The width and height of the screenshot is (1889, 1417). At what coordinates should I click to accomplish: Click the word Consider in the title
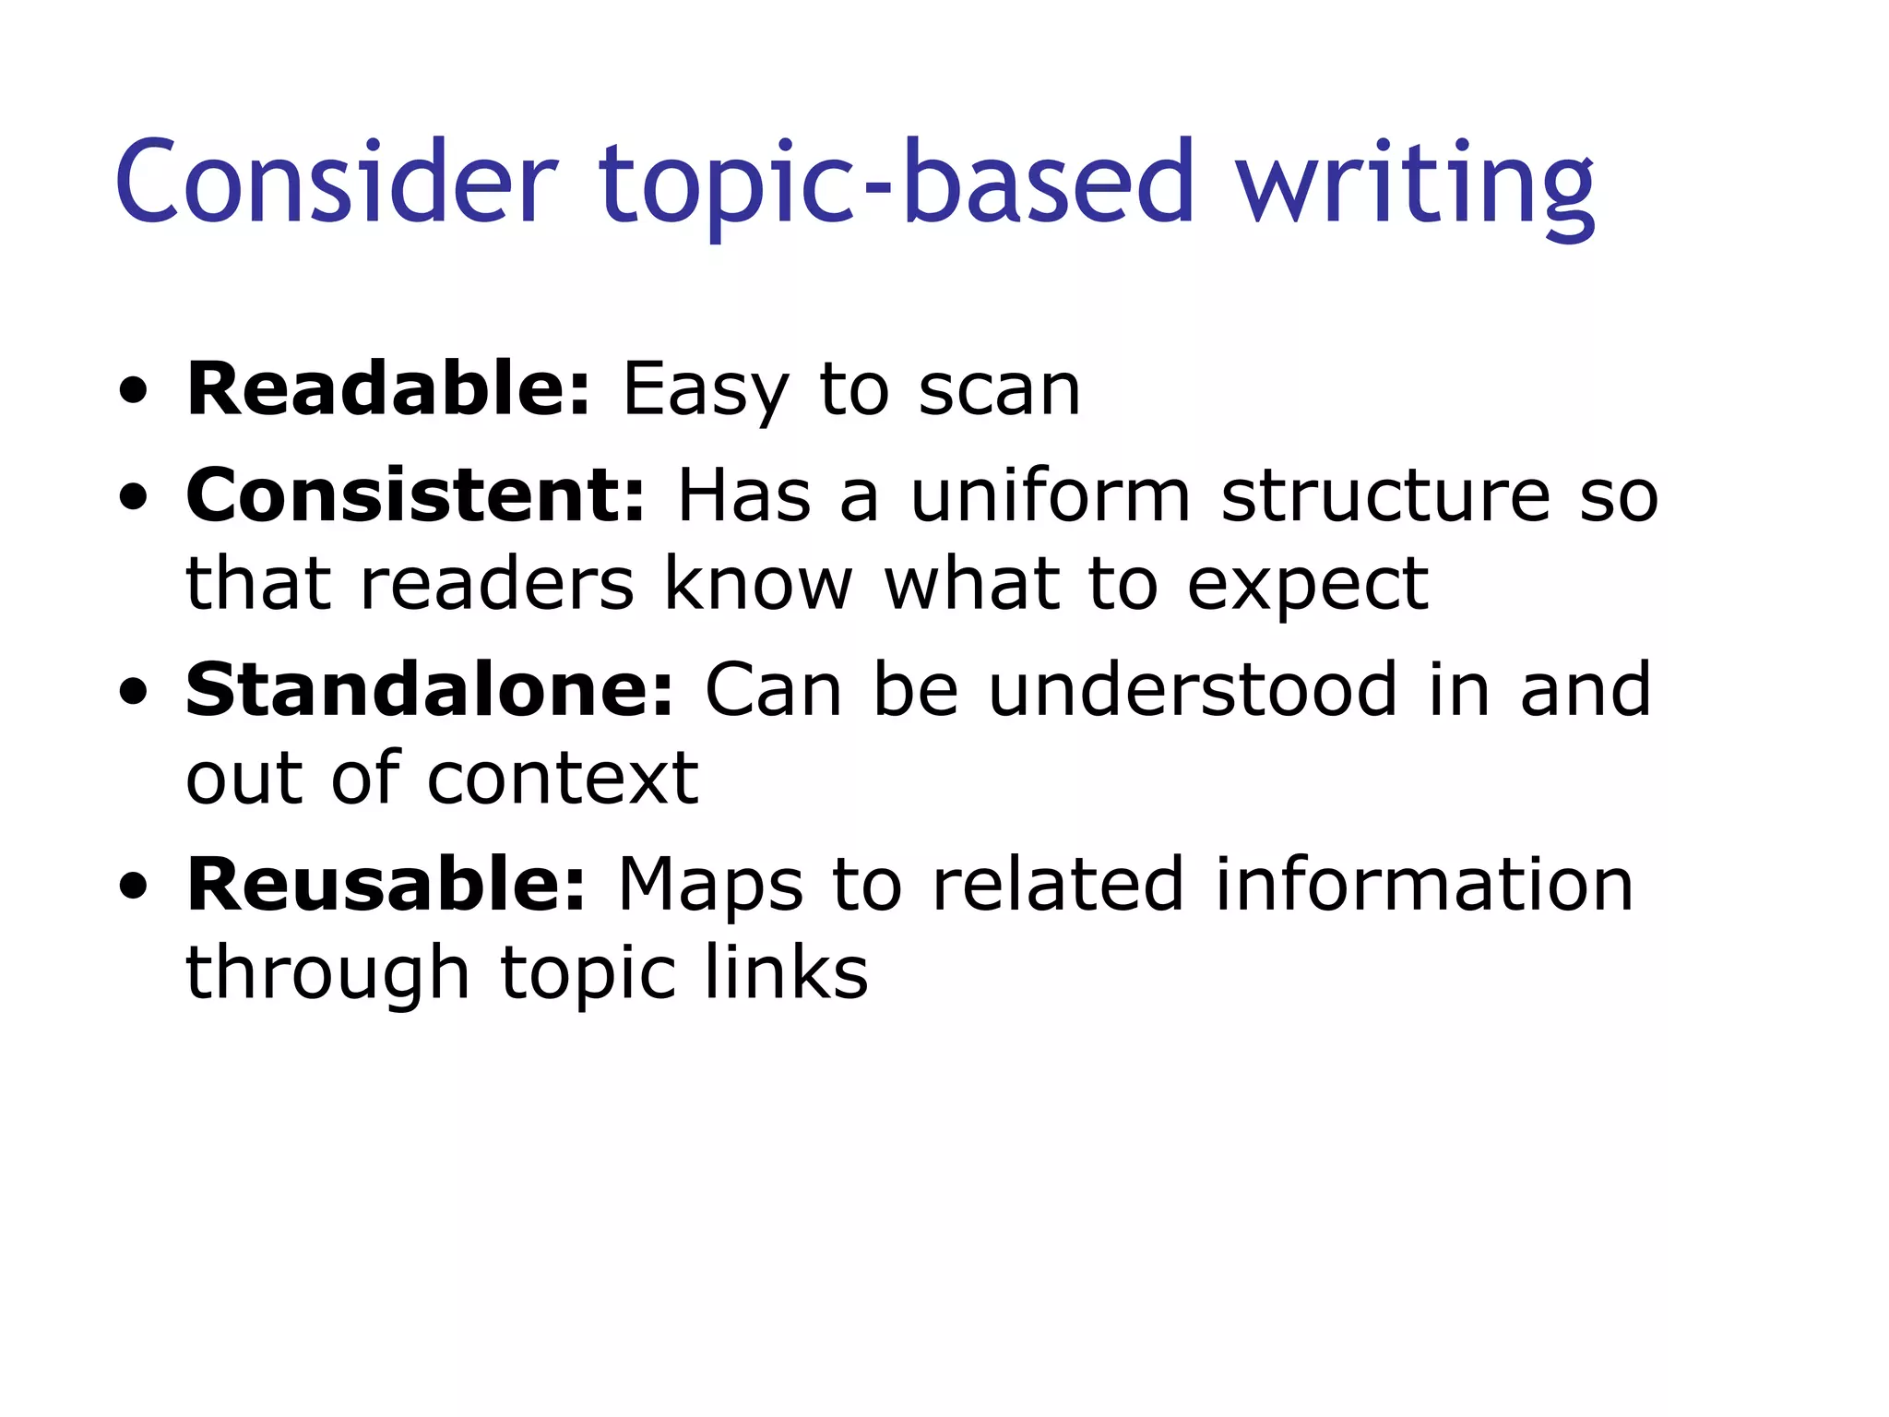click(337, 182)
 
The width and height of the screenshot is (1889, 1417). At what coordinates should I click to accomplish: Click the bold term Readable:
click(387, 389)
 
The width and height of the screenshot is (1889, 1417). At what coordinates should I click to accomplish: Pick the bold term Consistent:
click(415, 495)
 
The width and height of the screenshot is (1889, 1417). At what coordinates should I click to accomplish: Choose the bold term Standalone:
click(430, 690)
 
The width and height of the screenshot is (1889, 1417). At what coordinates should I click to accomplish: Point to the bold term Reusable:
click(386, 885)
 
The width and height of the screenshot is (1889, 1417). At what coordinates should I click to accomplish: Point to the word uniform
click(1051, 495)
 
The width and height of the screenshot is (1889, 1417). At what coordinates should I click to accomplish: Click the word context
click(563, 779)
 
